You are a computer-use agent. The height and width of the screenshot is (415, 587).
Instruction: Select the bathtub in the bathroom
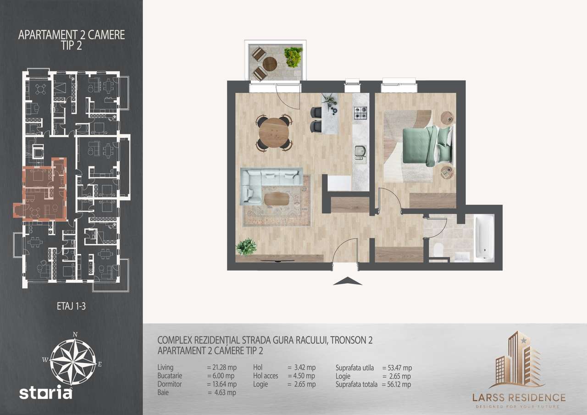pos(484,238)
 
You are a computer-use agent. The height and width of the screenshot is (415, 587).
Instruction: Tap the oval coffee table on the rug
pos(277,199)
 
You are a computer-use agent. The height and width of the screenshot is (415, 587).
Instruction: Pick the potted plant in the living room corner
pos(246,246)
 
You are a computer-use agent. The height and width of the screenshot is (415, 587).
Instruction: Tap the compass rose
pos(73,358)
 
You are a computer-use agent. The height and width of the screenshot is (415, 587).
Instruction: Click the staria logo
pos(45,393)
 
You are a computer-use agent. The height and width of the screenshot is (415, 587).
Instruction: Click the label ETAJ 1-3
pos(71,307)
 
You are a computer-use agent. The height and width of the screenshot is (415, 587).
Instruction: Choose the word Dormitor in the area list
pos(170,384)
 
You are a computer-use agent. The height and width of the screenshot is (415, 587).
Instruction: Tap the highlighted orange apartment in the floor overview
pos(44,190)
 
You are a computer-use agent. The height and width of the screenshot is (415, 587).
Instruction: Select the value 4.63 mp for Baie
pos(222,393)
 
